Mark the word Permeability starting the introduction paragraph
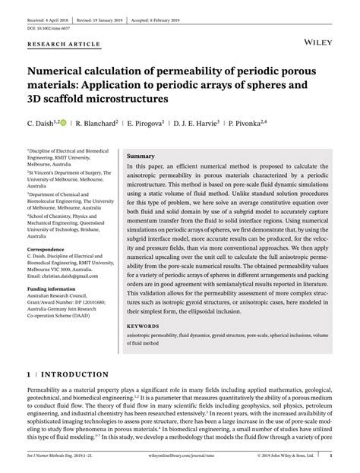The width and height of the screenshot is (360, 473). (x=47, y=392)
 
